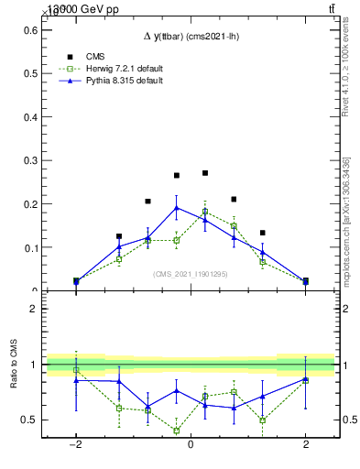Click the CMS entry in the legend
click(94, 57)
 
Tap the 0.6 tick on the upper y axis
click(31, 30)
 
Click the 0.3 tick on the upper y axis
click(31, 160)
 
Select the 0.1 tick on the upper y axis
click(31, 247)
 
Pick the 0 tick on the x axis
click(191, 446)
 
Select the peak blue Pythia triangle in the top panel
click(177, 207)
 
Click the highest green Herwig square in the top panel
click(205, 212)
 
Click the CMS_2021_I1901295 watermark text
click(190, 274)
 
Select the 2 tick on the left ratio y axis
click(31, 309)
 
